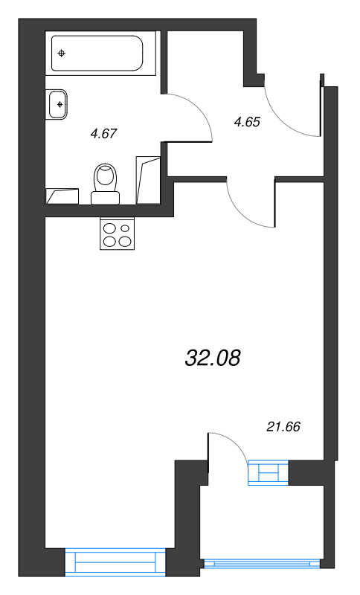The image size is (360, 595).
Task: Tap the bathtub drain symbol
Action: (x=61, y=53)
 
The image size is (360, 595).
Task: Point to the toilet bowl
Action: (x=106, y=178)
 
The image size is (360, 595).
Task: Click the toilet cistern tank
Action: (x=106, y=198)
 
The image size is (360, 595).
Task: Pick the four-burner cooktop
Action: (x=118, y=234)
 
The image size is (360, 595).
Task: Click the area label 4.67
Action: (x=103, y=134)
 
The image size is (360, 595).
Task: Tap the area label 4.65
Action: (x=248, y=122)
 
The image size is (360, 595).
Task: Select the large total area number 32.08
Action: (x=213, y=358)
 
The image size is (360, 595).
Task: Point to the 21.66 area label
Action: (x=283, y=427)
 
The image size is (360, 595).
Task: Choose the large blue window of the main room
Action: (x=115, y=562)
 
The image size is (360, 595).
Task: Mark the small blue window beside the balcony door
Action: (x=269, y=472)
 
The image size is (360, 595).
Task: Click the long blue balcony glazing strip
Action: (x=262, y=564)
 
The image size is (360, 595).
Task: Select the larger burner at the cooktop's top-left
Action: (x=110, y=228)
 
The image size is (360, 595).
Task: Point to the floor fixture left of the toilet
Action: (x=62, y=196)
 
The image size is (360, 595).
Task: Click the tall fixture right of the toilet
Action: (x=148, y=179)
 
